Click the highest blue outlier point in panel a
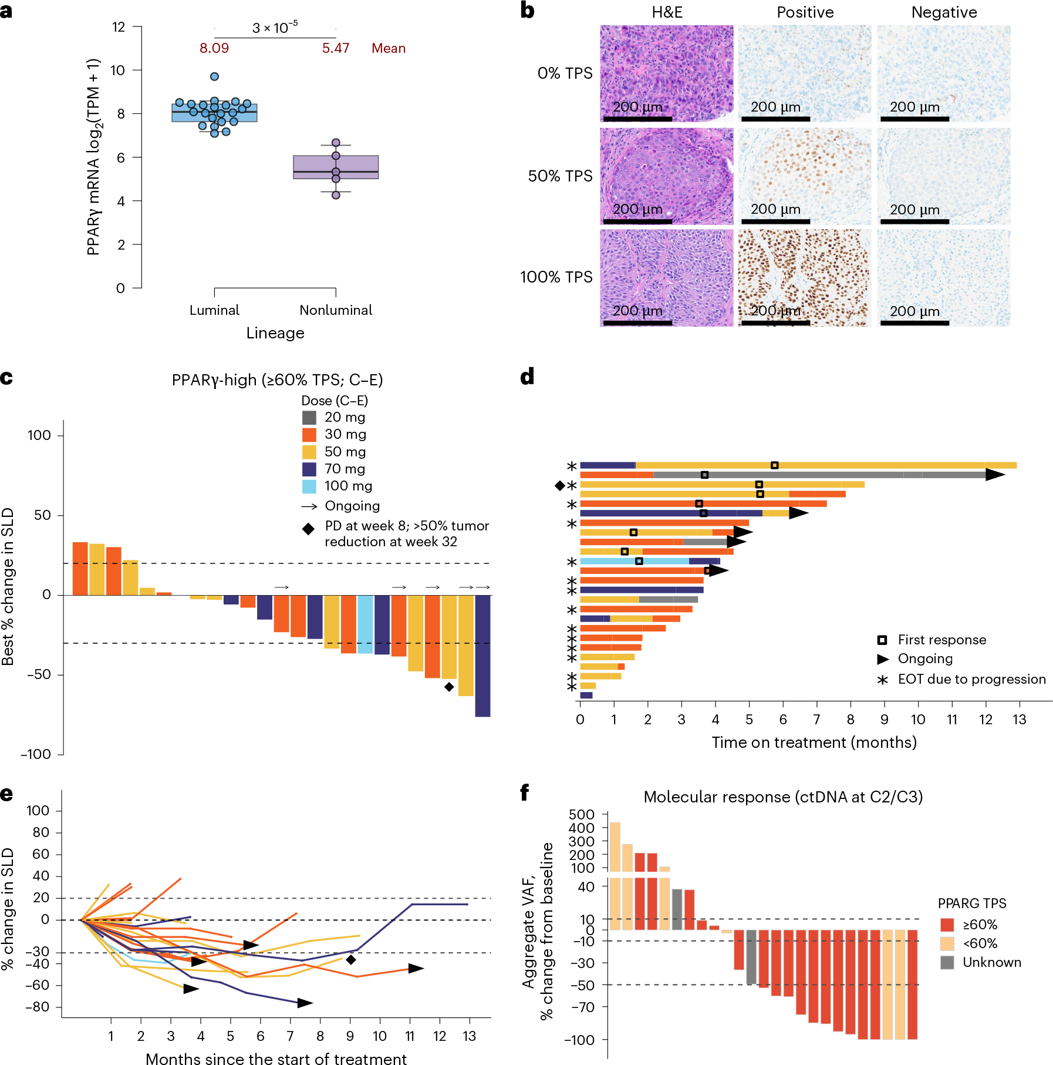coord(214,76)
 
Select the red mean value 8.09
coord(214,48)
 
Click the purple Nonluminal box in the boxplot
coord(336,167)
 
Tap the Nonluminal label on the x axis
coord(336,310)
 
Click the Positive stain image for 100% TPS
coord(804,277)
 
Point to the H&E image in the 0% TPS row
coord(666,73)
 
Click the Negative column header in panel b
coord(944,12)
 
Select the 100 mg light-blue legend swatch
coord(309,486)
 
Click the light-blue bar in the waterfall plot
coord(365,624)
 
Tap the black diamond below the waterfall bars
coord(449,687)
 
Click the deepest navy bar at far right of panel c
coord(482,655)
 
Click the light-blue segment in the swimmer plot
coord(634,561)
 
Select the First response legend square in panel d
coord(882,640)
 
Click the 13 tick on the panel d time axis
coord(1020,720)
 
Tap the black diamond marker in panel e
coord(351,960)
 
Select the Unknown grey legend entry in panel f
coord(947,962)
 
